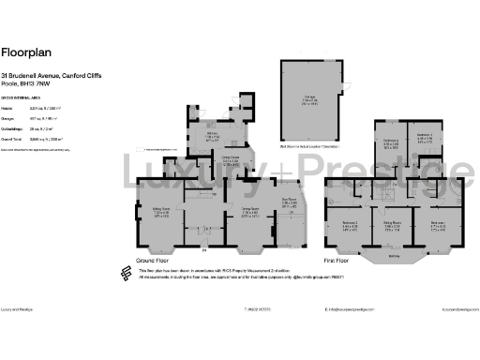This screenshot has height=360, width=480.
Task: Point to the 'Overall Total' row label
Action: coord(13,136)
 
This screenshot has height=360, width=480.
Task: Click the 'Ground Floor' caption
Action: coord(153,259)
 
